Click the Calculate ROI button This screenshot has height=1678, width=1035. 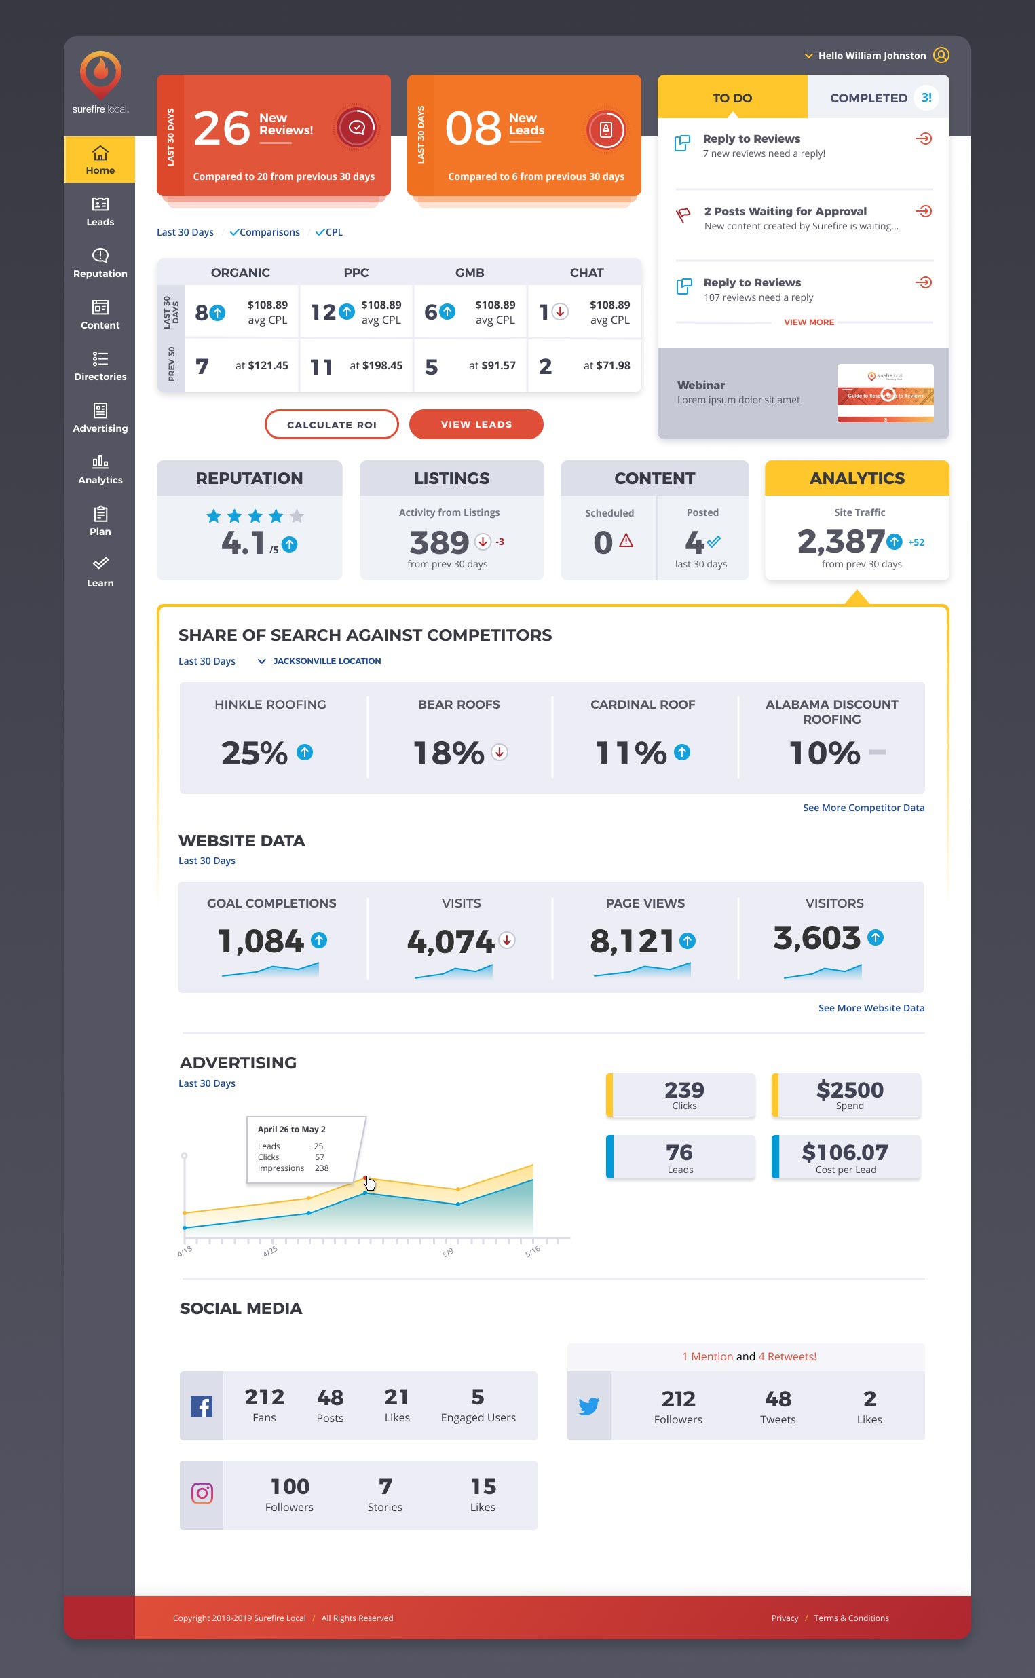(x=331, y=424)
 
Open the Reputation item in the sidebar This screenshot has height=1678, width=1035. (x=100, y=263)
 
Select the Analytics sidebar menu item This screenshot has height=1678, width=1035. (x=100, y=470)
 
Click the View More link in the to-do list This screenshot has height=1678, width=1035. (x=808, y=322)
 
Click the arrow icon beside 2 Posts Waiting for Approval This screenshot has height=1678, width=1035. (x=924, y=211)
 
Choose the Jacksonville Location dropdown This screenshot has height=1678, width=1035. (x=320, y=661)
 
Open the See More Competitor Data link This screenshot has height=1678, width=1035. (x=863, y=808)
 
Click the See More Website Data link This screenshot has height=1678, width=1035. (x=871, y=1008)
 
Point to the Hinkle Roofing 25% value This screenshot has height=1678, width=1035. (x=255, y=753)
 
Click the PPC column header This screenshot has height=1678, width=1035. (x=356, y=272)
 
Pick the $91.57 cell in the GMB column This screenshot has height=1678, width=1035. (x=492, y=366)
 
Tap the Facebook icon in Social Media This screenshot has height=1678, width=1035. (x=202, y=1406)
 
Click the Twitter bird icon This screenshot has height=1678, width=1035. (x=588, y=1406)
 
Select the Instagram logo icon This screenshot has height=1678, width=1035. (x=202, y=1493)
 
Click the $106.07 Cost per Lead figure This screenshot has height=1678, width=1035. (x=845, y=1153)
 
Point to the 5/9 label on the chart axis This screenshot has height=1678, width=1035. (x=448, y=1253)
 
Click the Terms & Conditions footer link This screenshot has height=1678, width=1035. (x=851, y=1618)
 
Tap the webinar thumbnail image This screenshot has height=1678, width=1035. (x=884, y=393)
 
